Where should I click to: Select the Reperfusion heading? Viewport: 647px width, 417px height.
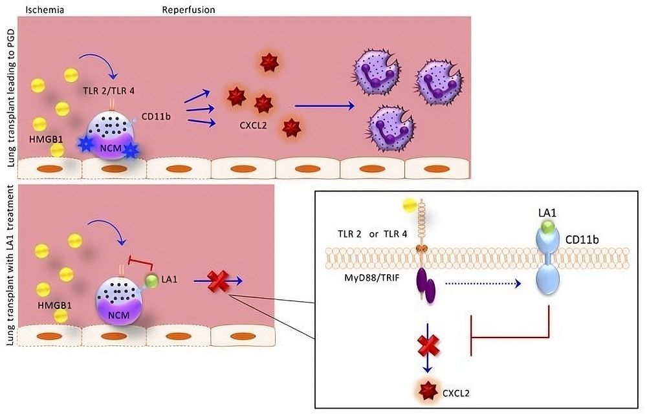click(x=188, y=10)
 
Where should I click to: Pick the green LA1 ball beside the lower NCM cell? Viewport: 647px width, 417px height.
click(x=151, y=280)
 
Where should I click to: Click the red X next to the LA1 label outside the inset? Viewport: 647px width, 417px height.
click(x=221, y=281)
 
